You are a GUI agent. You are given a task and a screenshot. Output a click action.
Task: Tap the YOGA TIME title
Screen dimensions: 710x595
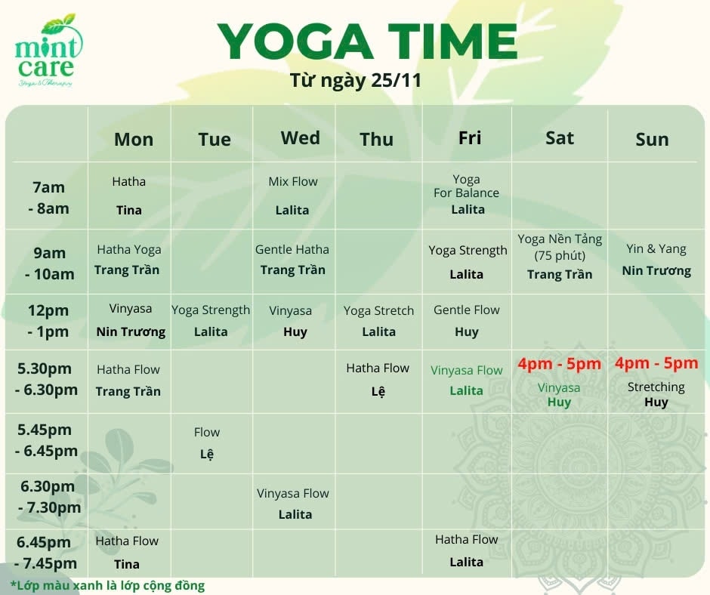point(367,42)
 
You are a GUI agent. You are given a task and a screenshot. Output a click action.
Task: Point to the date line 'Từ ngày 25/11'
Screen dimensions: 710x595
point(356,80)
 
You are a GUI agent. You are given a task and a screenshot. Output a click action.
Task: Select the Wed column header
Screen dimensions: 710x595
point(300,137)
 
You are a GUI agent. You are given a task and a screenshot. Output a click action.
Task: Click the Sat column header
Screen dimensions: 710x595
point(560,137)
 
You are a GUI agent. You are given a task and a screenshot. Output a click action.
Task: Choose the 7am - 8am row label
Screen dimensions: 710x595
point(48,198)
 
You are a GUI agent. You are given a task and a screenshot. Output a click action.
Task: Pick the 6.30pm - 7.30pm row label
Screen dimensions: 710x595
point(49,497)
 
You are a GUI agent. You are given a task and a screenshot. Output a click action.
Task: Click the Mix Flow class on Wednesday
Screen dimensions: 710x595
point(293,181)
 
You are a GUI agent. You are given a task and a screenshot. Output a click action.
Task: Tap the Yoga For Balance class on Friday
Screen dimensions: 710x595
point(466,186)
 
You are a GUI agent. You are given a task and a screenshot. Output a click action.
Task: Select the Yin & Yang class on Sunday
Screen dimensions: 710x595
point(656,248)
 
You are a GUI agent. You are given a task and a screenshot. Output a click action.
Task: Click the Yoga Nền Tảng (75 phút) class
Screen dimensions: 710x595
point(560,247)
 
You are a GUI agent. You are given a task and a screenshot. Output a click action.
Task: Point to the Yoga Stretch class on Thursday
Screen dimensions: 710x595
point(378,310)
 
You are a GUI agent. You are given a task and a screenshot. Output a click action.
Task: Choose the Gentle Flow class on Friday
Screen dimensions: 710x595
point(466,310)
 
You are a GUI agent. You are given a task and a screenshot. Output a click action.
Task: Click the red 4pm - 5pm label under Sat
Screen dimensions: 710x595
point(560,364)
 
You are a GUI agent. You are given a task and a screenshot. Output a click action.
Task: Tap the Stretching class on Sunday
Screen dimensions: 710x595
point(656,387)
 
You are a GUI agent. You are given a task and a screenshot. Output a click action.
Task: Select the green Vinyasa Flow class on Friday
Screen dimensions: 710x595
point(466,371)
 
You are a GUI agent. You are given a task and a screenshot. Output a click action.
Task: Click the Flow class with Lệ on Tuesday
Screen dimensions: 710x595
point(207,432)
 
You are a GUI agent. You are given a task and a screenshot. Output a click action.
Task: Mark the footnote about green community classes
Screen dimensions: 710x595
point(108,585)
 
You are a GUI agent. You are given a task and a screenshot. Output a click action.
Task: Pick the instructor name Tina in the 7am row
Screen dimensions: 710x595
point(129,210)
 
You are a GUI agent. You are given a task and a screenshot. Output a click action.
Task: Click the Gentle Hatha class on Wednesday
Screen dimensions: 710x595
point(292,249)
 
